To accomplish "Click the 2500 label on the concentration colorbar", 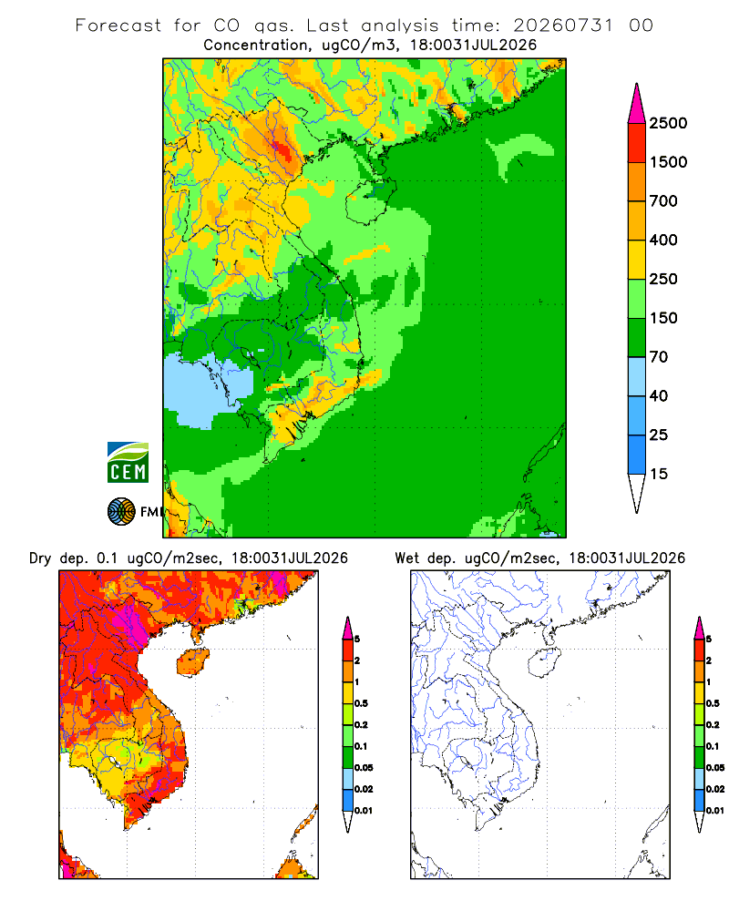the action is pyautogui.click(x=668, y=123).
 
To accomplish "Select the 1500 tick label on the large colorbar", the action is pyautogui.click(x=668, y=162).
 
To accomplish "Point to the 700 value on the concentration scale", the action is pyautogui.click(x=663, y=201).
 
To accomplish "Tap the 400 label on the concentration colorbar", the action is pyautogui.click(x=663, y=240).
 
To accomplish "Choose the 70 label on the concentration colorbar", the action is pyautogui.click(x=659, y=357).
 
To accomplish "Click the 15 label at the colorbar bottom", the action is pyautogui.click(x=659, y=474).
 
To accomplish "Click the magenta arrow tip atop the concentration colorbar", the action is pyautogui.click(x=637, y=103).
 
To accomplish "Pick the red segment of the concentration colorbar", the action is pyautogui.click(x=637, y=143).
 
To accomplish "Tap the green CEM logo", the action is pyautogui.click(x=128, y=463).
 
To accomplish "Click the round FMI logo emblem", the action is pyautogui.click(x=121, y=512).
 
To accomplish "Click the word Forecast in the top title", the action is pyautogui.click(x=118, y=26).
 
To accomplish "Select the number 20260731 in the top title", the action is pyautogui.click(x=563, y=26).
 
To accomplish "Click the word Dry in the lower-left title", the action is pyautogui.click(x=40, y=558).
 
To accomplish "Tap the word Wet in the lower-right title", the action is pyautogui.click(x=406, y=558).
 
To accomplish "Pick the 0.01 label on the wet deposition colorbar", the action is pyautogui.click(x=715, y=811).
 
